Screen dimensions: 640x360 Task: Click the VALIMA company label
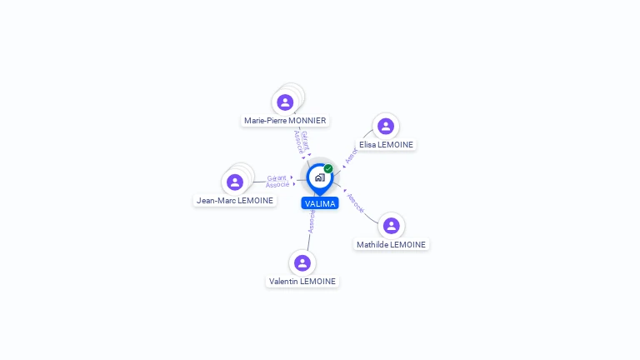(x=320, y=203)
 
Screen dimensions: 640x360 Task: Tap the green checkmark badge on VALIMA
(x=328, y=168)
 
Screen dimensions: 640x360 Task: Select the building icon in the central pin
(x=320, y=177)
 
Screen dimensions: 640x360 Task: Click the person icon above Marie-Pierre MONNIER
(x=285, y=102)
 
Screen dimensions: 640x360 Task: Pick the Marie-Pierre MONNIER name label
(x=285, y=120)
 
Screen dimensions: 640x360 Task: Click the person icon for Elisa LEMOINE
(x=386, y=126)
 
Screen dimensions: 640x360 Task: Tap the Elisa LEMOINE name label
(x=386, y=144)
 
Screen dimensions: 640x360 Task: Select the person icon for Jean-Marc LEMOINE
(x=235, y=182)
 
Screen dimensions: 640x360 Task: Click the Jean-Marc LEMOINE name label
(x=235, y=200)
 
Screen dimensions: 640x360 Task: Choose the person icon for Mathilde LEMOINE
(x=391, y=226)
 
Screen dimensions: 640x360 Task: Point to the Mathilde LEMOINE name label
(x=391, y=244)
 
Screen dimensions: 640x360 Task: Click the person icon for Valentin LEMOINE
(x=302, y=262)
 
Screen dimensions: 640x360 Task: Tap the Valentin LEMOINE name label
(x=302, y=281)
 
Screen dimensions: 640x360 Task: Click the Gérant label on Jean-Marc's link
(x=277, y=178)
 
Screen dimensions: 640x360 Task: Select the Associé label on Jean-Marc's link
(x=277, y=184)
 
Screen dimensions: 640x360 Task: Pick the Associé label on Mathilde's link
(x=356, y=202)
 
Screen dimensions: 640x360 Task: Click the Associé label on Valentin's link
(x=312, y=222)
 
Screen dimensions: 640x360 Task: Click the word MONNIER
(x=307, y=120)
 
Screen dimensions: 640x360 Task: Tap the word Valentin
(x=283, y=281)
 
